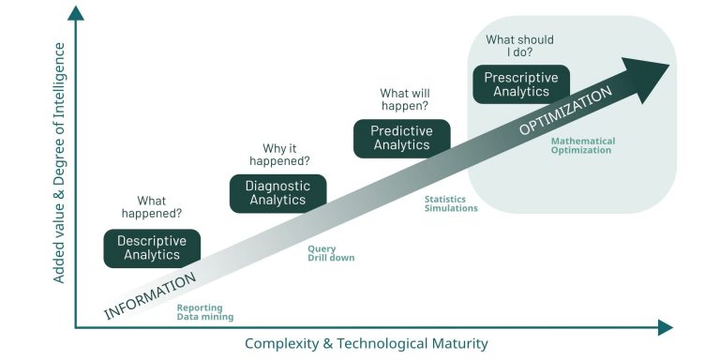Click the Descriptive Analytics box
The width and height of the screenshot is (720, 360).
[x=152, y=248]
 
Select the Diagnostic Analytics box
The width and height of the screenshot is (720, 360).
[x=277, y=193]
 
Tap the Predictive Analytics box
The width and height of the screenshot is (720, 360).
[x=401, y=138]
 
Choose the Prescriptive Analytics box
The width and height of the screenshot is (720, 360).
[x=521, y=84]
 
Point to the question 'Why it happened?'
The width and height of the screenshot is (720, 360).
[x=279, y=154]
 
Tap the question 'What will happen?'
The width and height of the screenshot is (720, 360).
[x=404, y=100]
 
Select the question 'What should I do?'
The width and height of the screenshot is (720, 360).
[x=519, y=46]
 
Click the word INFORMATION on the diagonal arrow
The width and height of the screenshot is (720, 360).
[x=150, y=295]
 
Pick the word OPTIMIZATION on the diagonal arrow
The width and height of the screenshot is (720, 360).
[x=565, y=112]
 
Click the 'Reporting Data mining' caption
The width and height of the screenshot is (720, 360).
[x=204, y=312]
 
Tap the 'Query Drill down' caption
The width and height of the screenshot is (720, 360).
[x=331, y=253]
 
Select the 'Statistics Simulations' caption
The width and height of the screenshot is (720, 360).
[x=451, y=203]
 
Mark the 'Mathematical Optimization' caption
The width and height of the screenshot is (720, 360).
[x=582, y=145]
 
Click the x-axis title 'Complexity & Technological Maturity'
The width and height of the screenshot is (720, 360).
[x=366, y=343]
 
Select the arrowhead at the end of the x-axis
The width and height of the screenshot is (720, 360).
[x=665, y=327]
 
